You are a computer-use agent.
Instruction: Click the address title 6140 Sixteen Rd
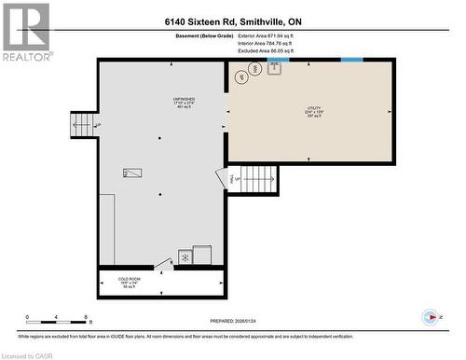click(x=232, y=21)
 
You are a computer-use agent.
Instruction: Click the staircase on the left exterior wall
click(x=82, y=123)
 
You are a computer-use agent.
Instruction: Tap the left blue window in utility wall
click(x=278, y=61)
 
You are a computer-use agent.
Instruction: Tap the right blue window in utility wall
click(x=351, y=61)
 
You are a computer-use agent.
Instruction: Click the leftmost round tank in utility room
click(x=241, y=78)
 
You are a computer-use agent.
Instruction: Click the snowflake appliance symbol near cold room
click(x=185, y=256)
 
